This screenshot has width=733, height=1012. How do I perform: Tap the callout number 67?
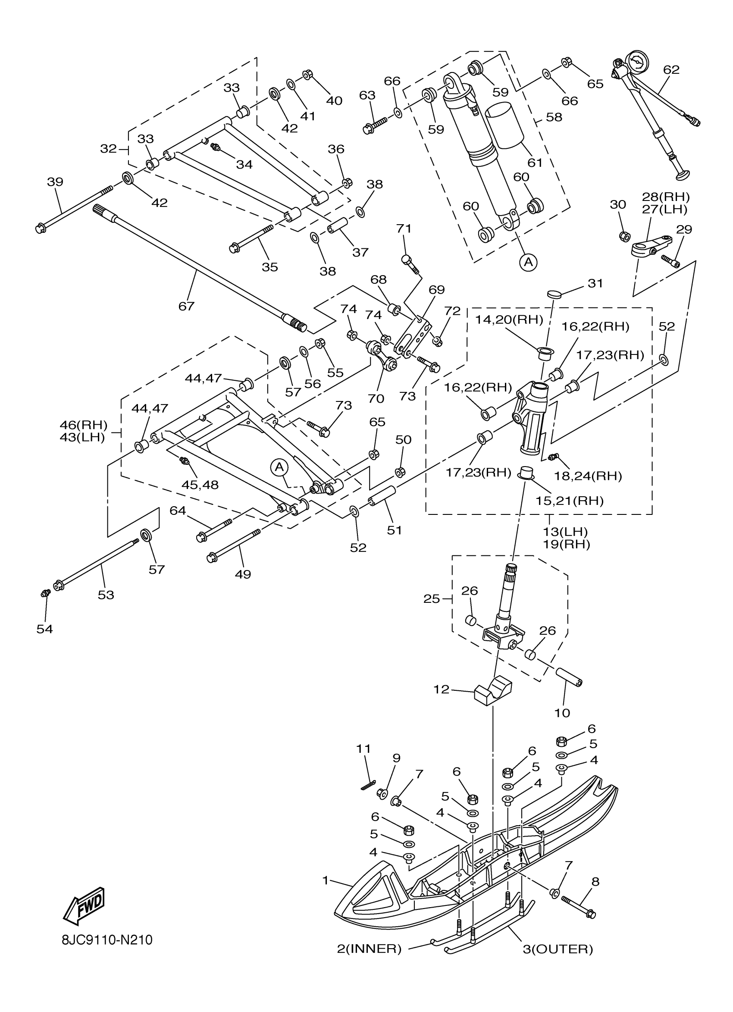click(x=187, y=306)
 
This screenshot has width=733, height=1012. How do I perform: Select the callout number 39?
click(x=55, y=182)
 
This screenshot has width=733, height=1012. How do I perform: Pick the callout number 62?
click(x=671, y=69)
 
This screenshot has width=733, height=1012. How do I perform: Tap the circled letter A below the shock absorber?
click(x=528, y=262)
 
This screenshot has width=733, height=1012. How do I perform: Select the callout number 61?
click(x=535, y=163)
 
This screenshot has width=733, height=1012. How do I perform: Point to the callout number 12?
click(x=442, y=689)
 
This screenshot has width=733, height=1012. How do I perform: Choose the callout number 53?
click(x=106, y=595)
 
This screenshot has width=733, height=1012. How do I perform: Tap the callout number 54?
click(x=44, y=629)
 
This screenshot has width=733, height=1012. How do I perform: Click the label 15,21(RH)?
click(x=569, y=501)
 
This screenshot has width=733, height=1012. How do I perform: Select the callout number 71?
click(x=404, y=229)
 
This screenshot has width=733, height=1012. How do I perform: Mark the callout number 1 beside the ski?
click(x=326, y=880)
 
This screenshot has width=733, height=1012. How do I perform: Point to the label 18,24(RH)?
click(x=588, y=476)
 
